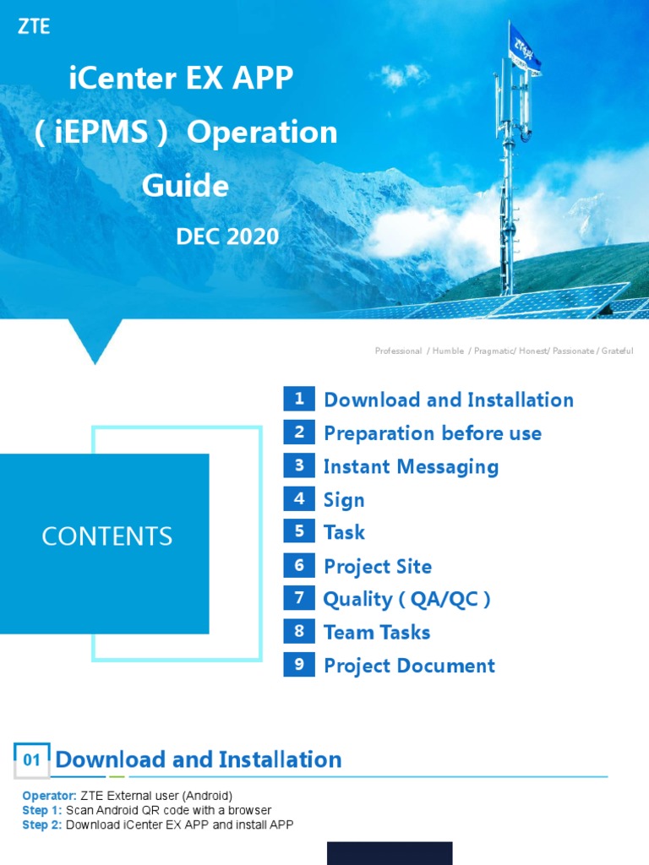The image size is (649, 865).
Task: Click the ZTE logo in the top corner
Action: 34,27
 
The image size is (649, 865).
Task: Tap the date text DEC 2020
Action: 226,237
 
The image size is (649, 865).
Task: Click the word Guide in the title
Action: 185,185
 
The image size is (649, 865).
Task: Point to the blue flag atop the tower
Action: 524,46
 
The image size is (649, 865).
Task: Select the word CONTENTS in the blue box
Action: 107,536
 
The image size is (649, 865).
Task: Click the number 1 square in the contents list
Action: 299,400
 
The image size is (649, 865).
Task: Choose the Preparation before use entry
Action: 433,433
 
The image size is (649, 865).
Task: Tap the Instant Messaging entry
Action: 411,466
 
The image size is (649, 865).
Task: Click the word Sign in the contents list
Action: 344,500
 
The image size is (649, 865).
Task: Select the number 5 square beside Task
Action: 299,532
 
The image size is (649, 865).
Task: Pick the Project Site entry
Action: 378,567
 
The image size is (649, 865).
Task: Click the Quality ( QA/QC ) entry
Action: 406,599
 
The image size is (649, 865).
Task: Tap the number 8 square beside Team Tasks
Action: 299,631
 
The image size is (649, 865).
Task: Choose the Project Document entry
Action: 409,666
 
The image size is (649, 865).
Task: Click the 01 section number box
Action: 32,760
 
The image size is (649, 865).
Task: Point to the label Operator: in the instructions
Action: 49,796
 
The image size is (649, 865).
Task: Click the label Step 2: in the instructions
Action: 42,825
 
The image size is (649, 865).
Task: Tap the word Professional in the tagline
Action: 398,351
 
